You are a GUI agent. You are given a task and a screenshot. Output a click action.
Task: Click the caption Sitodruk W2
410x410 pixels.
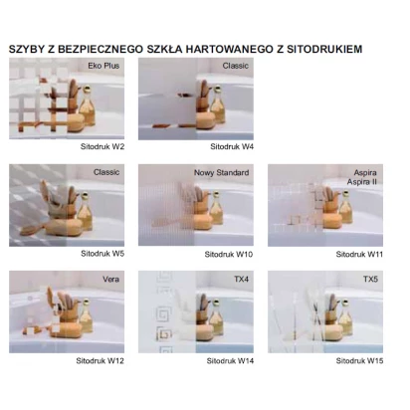102,146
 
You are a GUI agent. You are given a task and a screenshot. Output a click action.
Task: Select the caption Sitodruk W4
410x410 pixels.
233,146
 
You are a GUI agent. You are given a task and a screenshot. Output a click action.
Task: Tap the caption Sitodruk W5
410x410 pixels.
102,254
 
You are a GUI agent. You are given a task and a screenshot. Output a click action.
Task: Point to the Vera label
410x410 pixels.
111,280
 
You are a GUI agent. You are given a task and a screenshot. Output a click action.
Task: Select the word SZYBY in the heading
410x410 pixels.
26,48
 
